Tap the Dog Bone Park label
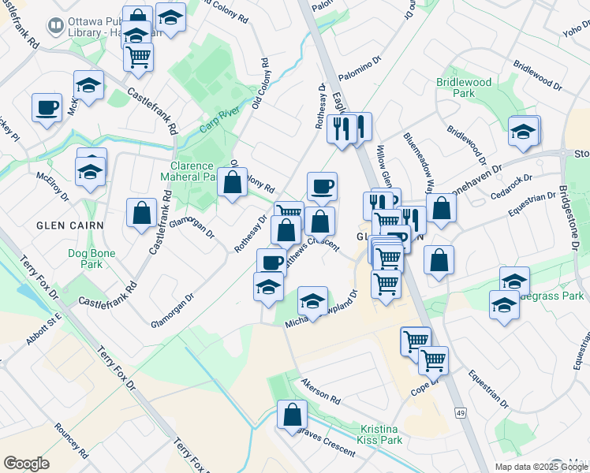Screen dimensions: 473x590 point(91,259)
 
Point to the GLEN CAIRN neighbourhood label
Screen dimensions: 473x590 point(60,225)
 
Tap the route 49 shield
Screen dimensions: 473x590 point(458,412)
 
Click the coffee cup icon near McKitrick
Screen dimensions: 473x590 point(47,106)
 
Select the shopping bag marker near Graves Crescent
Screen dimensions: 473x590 point(292,413)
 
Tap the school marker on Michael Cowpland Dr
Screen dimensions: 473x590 point(312,300)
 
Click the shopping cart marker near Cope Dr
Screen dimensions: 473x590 point(433,359)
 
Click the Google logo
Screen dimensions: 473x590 point(26,464)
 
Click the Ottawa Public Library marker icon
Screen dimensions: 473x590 point(55,25)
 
